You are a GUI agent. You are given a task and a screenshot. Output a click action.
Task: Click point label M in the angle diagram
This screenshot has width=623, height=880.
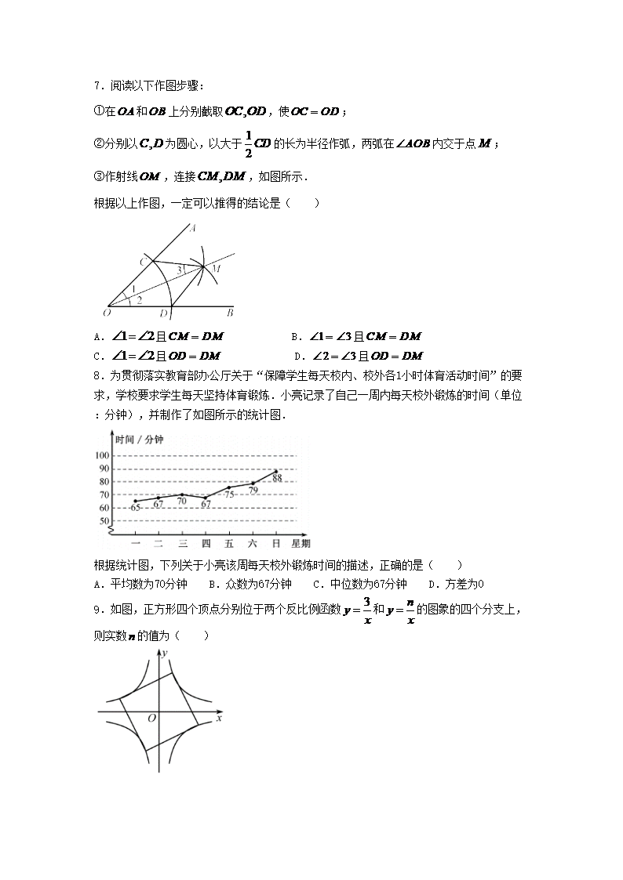[x=217, y=268]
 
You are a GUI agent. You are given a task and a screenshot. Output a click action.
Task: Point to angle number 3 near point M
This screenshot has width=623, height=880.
[x=179, y=270]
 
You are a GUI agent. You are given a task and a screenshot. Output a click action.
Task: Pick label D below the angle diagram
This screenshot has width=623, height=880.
[x=162, y=314]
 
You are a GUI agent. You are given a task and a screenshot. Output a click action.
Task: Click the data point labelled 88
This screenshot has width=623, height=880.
[x=276, y=472]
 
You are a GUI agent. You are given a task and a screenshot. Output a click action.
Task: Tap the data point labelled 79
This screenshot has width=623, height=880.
[x=253, y=483]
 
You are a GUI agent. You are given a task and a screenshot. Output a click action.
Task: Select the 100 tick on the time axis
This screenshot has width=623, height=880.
[x=102, y=455]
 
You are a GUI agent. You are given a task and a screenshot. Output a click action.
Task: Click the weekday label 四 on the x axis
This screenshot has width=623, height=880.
[x=206, y=543]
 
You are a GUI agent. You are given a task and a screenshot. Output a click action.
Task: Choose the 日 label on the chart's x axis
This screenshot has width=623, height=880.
[x=276, y=543]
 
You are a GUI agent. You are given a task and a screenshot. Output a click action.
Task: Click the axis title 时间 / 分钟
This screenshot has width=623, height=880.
[x=139, y=440]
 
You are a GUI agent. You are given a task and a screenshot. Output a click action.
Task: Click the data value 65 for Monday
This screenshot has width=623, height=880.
[x=135, y=508]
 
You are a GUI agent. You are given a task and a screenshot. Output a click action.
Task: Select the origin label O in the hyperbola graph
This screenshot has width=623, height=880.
[x=151, y=718]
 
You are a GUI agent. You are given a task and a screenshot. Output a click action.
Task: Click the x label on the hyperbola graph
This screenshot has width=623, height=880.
[x=219, y=717]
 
